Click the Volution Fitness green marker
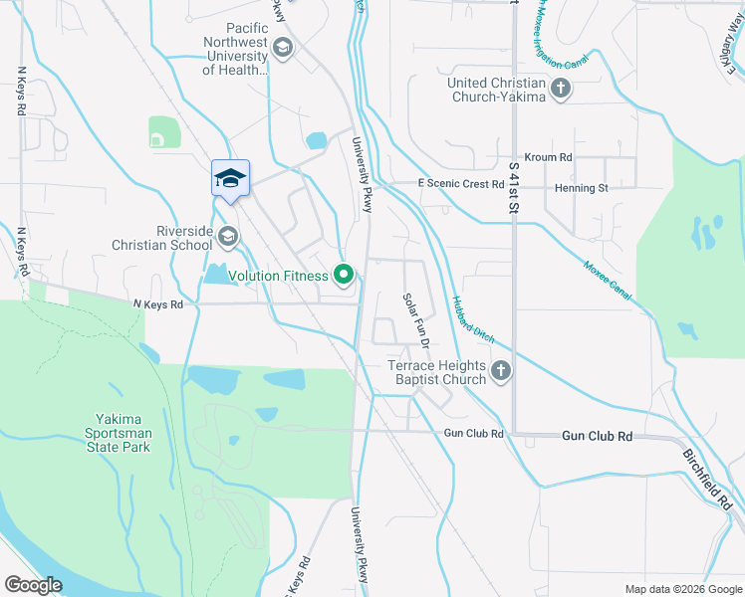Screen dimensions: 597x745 tap(345, 276)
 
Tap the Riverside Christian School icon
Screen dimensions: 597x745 tap(229, 236)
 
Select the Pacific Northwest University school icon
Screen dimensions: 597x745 tap(283, 48)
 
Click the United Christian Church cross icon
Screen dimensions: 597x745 tap(560, 89)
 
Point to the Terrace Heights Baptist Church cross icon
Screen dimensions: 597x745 tap(500, 372)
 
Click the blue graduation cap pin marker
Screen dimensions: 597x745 tap(230, 179)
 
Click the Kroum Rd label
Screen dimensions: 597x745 tap(551, 157)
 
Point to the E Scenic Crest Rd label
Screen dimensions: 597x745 tap(460, 184)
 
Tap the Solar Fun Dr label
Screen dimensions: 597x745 tap(415, 319)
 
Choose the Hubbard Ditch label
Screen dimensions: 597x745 tap(472, 319)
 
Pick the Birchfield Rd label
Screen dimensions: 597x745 tap(708, 476)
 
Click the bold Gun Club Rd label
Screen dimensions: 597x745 tap(597, 436)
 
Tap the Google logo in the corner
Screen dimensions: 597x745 tap(33, 584)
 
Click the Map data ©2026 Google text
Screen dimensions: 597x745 tap(683, 589)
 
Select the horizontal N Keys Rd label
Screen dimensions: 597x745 tap(158, 304)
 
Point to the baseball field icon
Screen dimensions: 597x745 tap(157, 140)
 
